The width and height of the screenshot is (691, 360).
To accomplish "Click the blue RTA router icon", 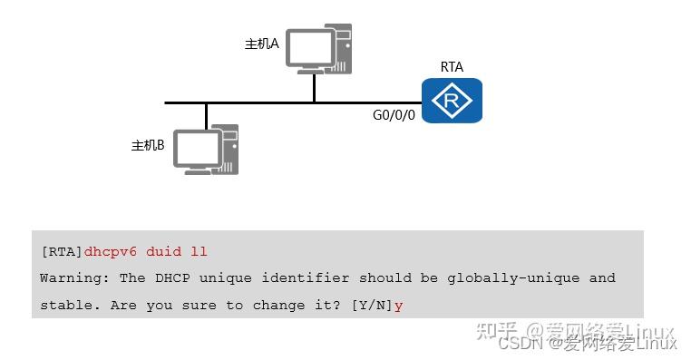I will click(452, 100).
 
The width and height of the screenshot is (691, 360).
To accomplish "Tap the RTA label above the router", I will click(452, 66).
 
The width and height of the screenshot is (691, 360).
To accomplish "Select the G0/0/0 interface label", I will click(394, 116).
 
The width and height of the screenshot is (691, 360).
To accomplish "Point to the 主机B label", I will click(148, 145).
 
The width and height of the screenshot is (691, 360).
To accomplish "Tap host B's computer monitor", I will click(197, 150).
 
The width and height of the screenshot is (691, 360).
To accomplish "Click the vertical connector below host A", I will click(315, 88).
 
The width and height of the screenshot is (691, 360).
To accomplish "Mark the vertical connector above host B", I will click(207, 115).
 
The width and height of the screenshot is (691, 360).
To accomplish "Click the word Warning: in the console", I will click(75, 277).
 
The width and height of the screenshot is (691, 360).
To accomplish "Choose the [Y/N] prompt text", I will click(372, 306).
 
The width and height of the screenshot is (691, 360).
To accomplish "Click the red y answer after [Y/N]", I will click(398, 306).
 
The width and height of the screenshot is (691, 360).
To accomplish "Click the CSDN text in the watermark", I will click(520, 344).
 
